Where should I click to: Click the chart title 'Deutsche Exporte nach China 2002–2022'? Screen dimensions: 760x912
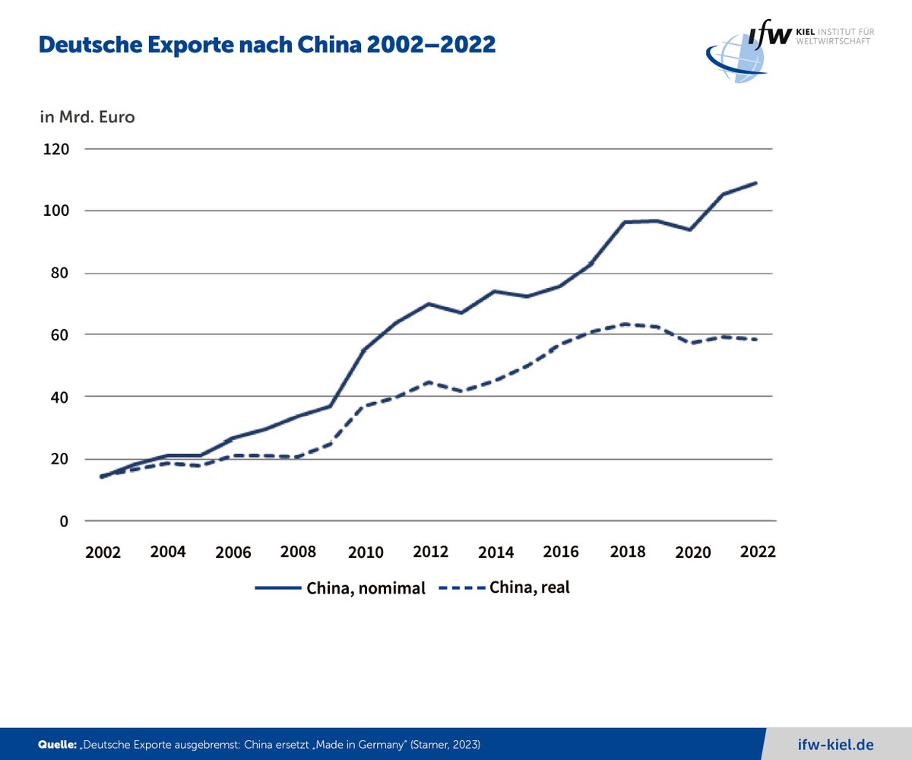coord(267,46)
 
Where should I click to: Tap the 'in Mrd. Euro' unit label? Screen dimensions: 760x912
coord(87,118)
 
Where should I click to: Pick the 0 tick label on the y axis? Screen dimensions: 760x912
coord(65,521)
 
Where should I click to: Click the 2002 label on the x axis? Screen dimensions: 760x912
coord(103,553)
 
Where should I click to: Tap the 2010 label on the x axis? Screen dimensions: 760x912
coord(366,553)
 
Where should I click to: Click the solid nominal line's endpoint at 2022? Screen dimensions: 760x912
coord(756,182)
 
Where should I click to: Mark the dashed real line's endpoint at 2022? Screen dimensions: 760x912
coord(756,340)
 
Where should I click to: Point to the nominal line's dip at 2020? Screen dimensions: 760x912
coord(690,230)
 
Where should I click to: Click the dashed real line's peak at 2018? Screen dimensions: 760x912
coord(625,324)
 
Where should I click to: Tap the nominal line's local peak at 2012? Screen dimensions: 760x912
coord(429,303)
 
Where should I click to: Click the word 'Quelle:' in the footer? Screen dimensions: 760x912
coord(57,744)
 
